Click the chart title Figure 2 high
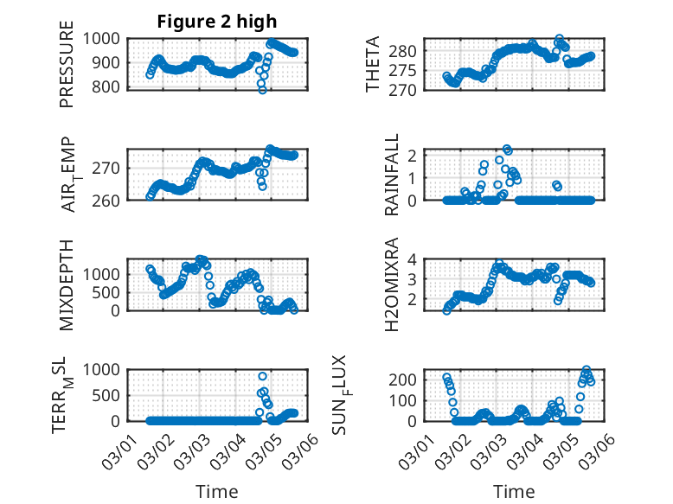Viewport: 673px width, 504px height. click(216, 22)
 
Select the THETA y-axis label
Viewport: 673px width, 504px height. click(373, 65)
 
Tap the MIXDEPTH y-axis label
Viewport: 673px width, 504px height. click(67, 284)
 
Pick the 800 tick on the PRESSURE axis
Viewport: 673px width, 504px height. click(112, 87)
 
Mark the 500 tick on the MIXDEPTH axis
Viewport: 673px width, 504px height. click(112, 292)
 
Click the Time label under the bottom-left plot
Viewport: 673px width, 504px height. click(216, 492)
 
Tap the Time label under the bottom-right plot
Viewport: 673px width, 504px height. click(515, 492)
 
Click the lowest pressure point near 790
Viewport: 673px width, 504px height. click(262, 89)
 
